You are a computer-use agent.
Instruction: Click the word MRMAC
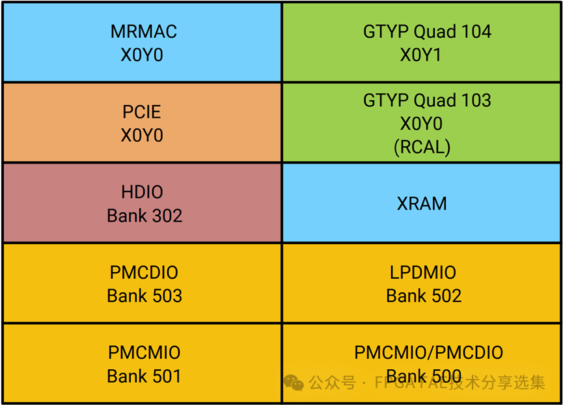pyautogui.click(x=144, y=31)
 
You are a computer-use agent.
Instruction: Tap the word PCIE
pyautogui.click(x=142, y=111)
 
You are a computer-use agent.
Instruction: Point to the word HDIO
pyautogui.click(x=142, y=192)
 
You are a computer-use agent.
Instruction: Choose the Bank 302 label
pyautogui.click(x=144, y=216)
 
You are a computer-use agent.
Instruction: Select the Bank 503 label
pyautogui.click(x=144, y=296)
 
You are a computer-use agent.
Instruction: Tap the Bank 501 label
pyautogui.click(x=144, y=376)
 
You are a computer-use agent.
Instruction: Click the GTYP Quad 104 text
pyautogui.click(x=427, y=31)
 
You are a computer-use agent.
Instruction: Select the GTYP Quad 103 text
pyautogui.click(x=427, y=100)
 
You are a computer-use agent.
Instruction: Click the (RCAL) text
pyautogui.click(x=422, y=147)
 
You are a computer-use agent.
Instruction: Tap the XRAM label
pyautogui.click(x=422, y=203)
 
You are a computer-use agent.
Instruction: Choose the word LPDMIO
pyautogui.click(x=423, y=272)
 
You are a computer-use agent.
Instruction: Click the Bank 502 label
pyautogui.click(x=424, y=296)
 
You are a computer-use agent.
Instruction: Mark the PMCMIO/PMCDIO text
pyautogui.click(x=428, y=352)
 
